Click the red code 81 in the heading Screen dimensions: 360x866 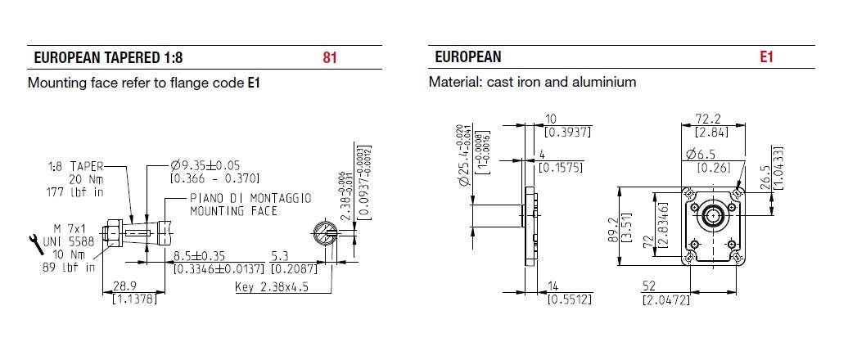click(x=330, y=58)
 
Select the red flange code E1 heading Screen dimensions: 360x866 click(x=765, y=58)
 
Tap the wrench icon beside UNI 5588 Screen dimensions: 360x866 click(x=36, y=241)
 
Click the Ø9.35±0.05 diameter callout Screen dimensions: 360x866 click(x=205, y=164)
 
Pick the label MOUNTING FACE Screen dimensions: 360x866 click(x=233, y=210)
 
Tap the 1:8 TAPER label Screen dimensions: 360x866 click(x=72, y=164)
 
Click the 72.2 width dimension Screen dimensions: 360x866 click(x=706, y=119)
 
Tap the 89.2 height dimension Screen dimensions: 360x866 click(x=623, y=227)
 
